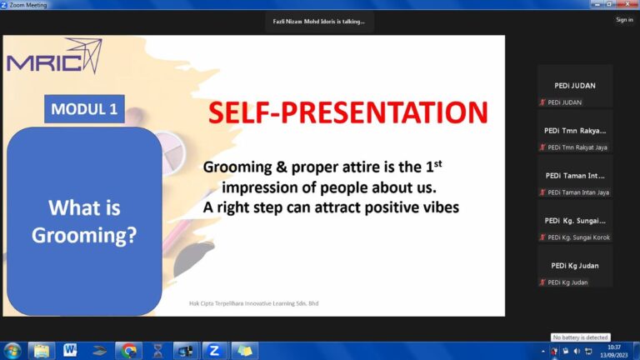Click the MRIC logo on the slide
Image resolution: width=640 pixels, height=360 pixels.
[54, 57]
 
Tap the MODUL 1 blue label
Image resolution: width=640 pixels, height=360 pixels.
[84, 109]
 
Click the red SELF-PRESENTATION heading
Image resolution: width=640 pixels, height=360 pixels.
[347, 112]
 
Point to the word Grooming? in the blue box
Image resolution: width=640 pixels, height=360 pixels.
[84, 236]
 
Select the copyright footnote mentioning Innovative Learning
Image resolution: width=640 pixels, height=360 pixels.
[253, 303]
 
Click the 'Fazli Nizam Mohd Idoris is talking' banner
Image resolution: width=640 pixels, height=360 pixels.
[319, 22]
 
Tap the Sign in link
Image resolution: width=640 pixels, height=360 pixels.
[624, 20]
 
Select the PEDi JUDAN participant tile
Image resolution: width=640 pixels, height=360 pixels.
[575, 86]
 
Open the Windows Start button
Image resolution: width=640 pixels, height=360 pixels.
[12, 351]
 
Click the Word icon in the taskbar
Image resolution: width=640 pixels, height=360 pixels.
[70, 350]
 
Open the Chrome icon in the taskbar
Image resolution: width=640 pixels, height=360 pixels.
[128, 351]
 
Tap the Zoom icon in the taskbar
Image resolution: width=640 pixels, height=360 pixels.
[214, 351]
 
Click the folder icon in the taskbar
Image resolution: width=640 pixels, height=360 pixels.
[41, 351]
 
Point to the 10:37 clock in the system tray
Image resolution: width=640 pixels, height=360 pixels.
[614, 347]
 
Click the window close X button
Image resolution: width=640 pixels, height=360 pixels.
[627, 4]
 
